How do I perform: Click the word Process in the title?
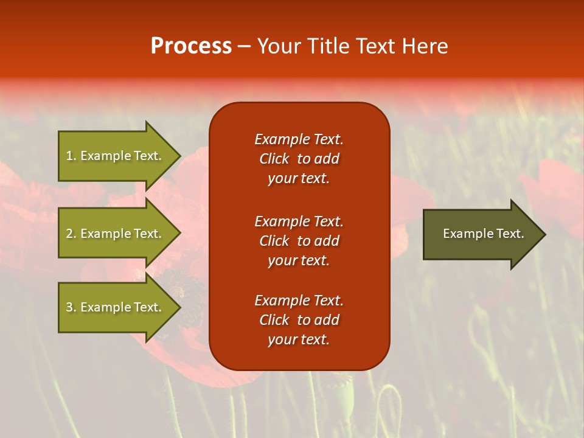coord(191,46)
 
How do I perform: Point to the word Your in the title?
coord(279,46)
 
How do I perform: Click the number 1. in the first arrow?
coord(71,156)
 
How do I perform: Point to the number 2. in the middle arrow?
coord(71,234)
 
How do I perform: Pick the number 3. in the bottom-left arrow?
coord(71,307)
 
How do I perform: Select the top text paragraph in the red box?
coord(299,159)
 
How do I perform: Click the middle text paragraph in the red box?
coord(299,241)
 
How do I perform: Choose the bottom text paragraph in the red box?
coord(299,320)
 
